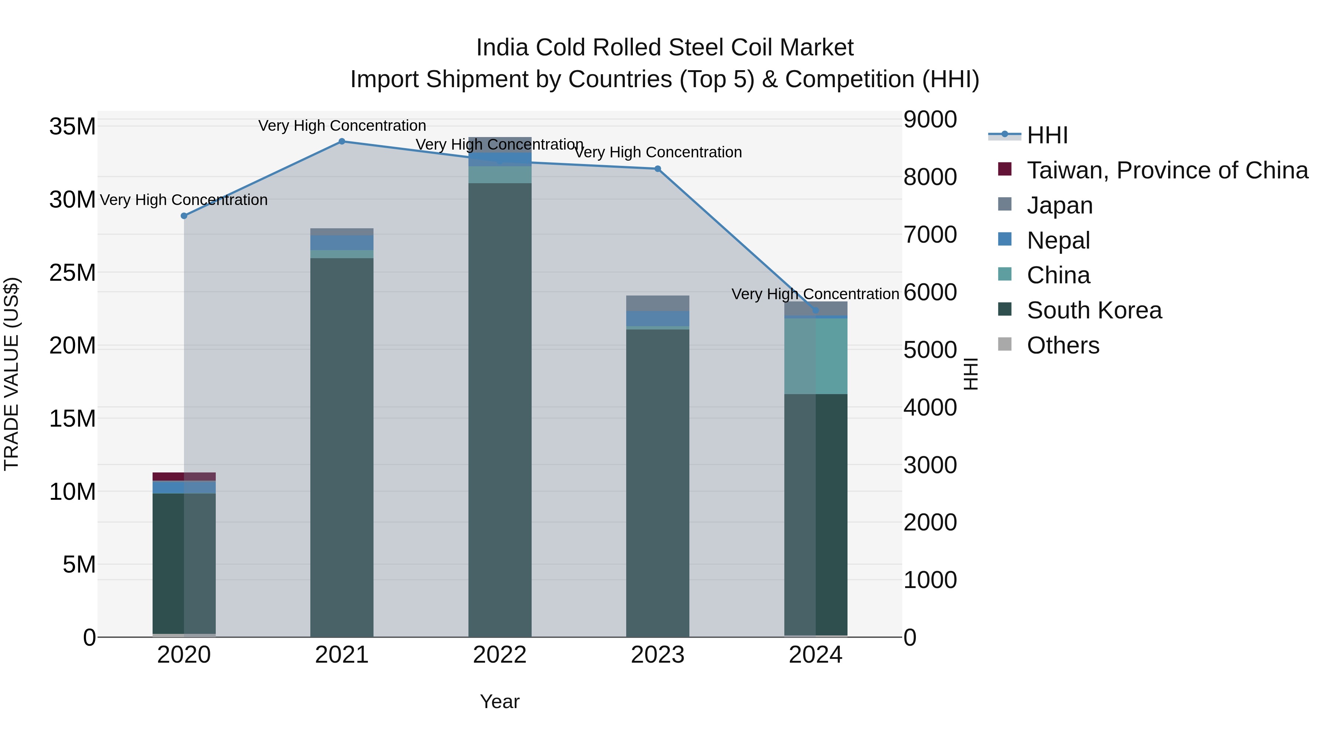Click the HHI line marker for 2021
coord(342,141)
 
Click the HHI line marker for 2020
coord(184,216)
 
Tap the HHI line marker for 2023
coord(658,169)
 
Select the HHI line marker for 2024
coord(816,310)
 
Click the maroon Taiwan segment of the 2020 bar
coord(184,477)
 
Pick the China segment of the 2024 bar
coord(816,356)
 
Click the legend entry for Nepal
coord(1058,240)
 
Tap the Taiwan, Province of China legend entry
coord(1167,170)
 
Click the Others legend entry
coord(1063,345)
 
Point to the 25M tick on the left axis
coord(72,273)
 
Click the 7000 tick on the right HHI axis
coord(930,235)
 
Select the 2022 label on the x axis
coord(500,655)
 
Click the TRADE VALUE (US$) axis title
coord(11,374)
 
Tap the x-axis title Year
coord(500,701)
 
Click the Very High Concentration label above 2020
coord(184,200)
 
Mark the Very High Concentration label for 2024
coord(815,294)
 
